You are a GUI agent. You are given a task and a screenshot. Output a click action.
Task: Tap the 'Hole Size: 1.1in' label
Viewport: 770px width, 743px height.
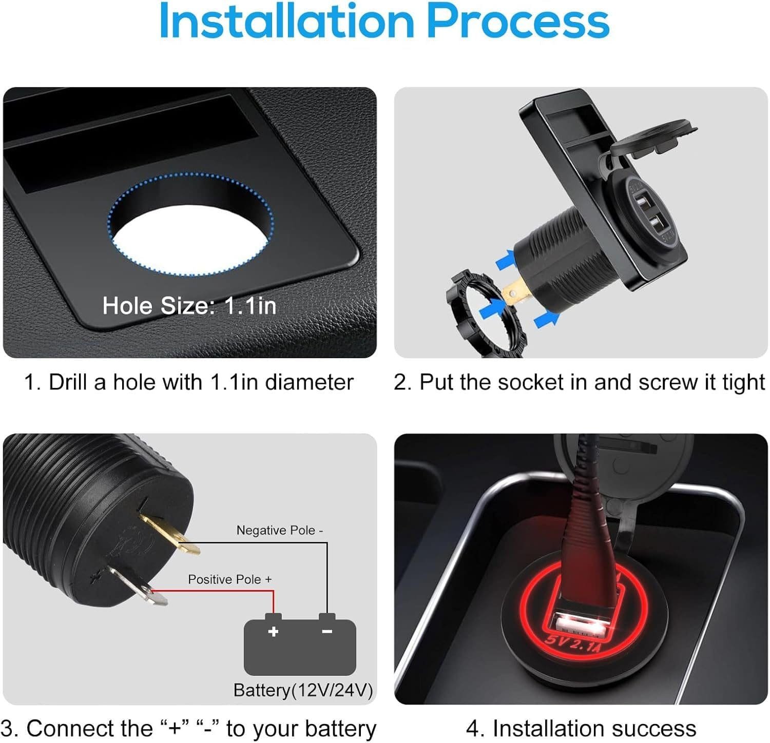tap(189, 306)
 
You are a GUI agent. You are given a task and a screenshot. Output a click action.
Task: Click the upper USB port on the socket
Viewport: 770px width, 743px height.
tap(643, 200)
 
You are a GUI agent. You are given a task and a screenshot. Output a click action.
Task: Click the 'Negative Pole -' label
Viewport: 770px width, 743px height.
tap(280, 530)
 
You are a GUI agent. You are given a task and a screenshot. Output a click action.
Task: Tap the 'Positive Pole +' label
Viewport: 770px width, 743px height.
tap(230, 579)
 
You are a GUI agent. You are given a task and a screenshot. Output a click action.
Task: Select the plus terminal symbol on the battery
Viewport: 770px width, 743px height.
tap(273, 631)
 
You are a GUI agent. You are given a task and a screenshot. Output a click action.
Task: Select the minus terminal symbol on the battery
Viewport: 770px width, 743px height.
tap(327, 631)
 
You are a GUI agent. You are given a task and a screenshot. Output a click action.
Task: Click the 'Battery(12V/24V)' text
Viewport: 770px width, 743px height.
tap(303, 690)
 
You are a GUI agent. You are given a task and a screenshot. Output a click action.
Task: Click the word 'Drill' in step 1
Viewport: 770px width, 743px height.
tap(69, 382)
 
